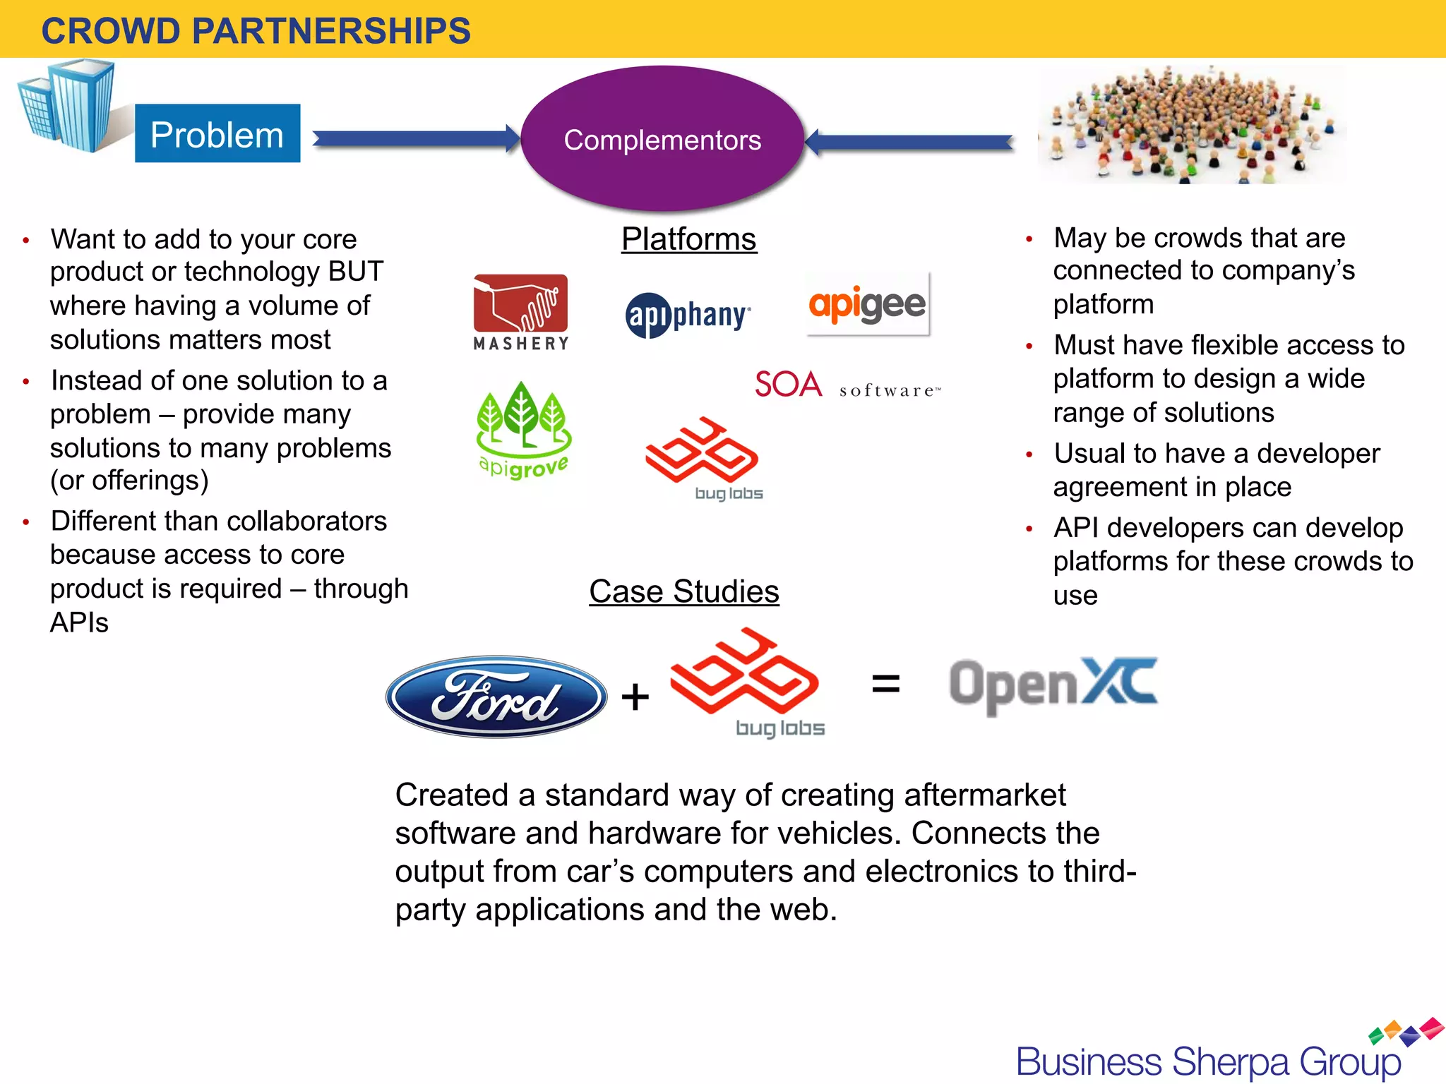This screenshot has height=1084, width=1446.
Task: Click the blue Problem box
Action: tap(217, 133)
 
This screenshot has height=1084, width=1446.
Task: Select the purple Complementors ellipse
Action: tap(662, 139)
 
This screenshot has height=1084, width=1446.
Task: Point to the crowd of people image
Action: tap(1192, 125)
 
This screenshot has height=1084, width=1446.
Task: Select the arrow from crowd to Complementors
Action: tap(911, 143)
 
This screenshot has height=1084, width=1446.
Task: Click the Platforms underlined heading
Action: tap(688, 239)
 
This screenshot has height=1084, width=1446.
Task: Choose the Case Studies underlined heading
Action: tap(683, 591)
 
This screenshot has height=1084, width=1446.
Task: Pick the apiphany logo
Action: tap(688, 315)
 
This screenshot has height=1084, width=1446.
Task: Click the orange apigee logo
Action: tap(867, 305)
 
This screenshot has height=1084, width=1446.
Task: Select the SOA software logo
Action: tap(847, 385)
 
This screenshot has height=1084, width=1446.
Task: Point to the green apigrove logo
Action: tap(523, 430)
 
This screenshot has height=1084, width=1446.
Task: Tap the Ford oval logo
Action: tap(496, 697)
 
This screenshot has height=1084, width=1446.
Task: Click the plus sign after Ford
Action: tap(635, 697)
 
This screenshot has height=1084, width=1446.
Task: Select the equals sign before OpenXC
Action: tap(885, 683)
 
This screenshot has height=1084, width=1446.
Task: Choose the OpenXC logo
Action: tap(1053, 685)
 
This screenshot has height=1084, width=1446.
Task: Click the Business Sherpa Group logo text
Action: tap(1208, 1061)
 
